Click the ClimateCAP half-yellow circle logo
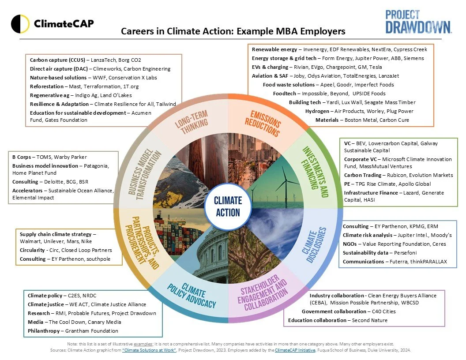point(20,24)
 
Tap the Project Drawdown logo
point(418,22)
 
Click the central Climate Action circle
point(228,206)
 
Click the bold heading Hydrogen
point(317,111)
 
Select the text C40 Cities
point(381,311)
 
